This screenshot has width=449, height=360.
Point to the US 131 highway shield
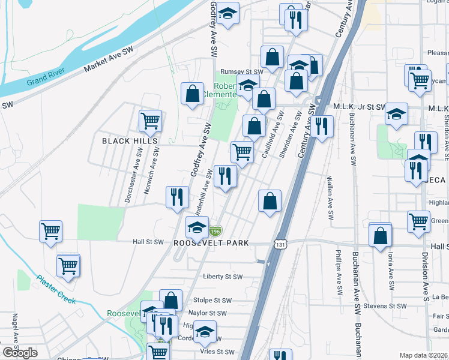pos(280,244)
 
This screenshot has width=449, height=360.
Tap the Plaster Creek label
pos(55,289)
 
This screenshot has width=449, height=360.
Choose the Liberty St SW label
pos(223,277)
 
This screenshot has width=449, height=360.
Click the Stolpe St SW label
pos(212,300)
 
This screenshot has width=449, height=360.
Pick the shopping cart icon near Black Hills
pos(150,120)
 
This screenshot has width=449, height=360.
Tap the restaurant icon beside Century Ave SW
pos(321,126)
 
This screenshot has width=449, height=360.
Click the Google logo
pos(20,353)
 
